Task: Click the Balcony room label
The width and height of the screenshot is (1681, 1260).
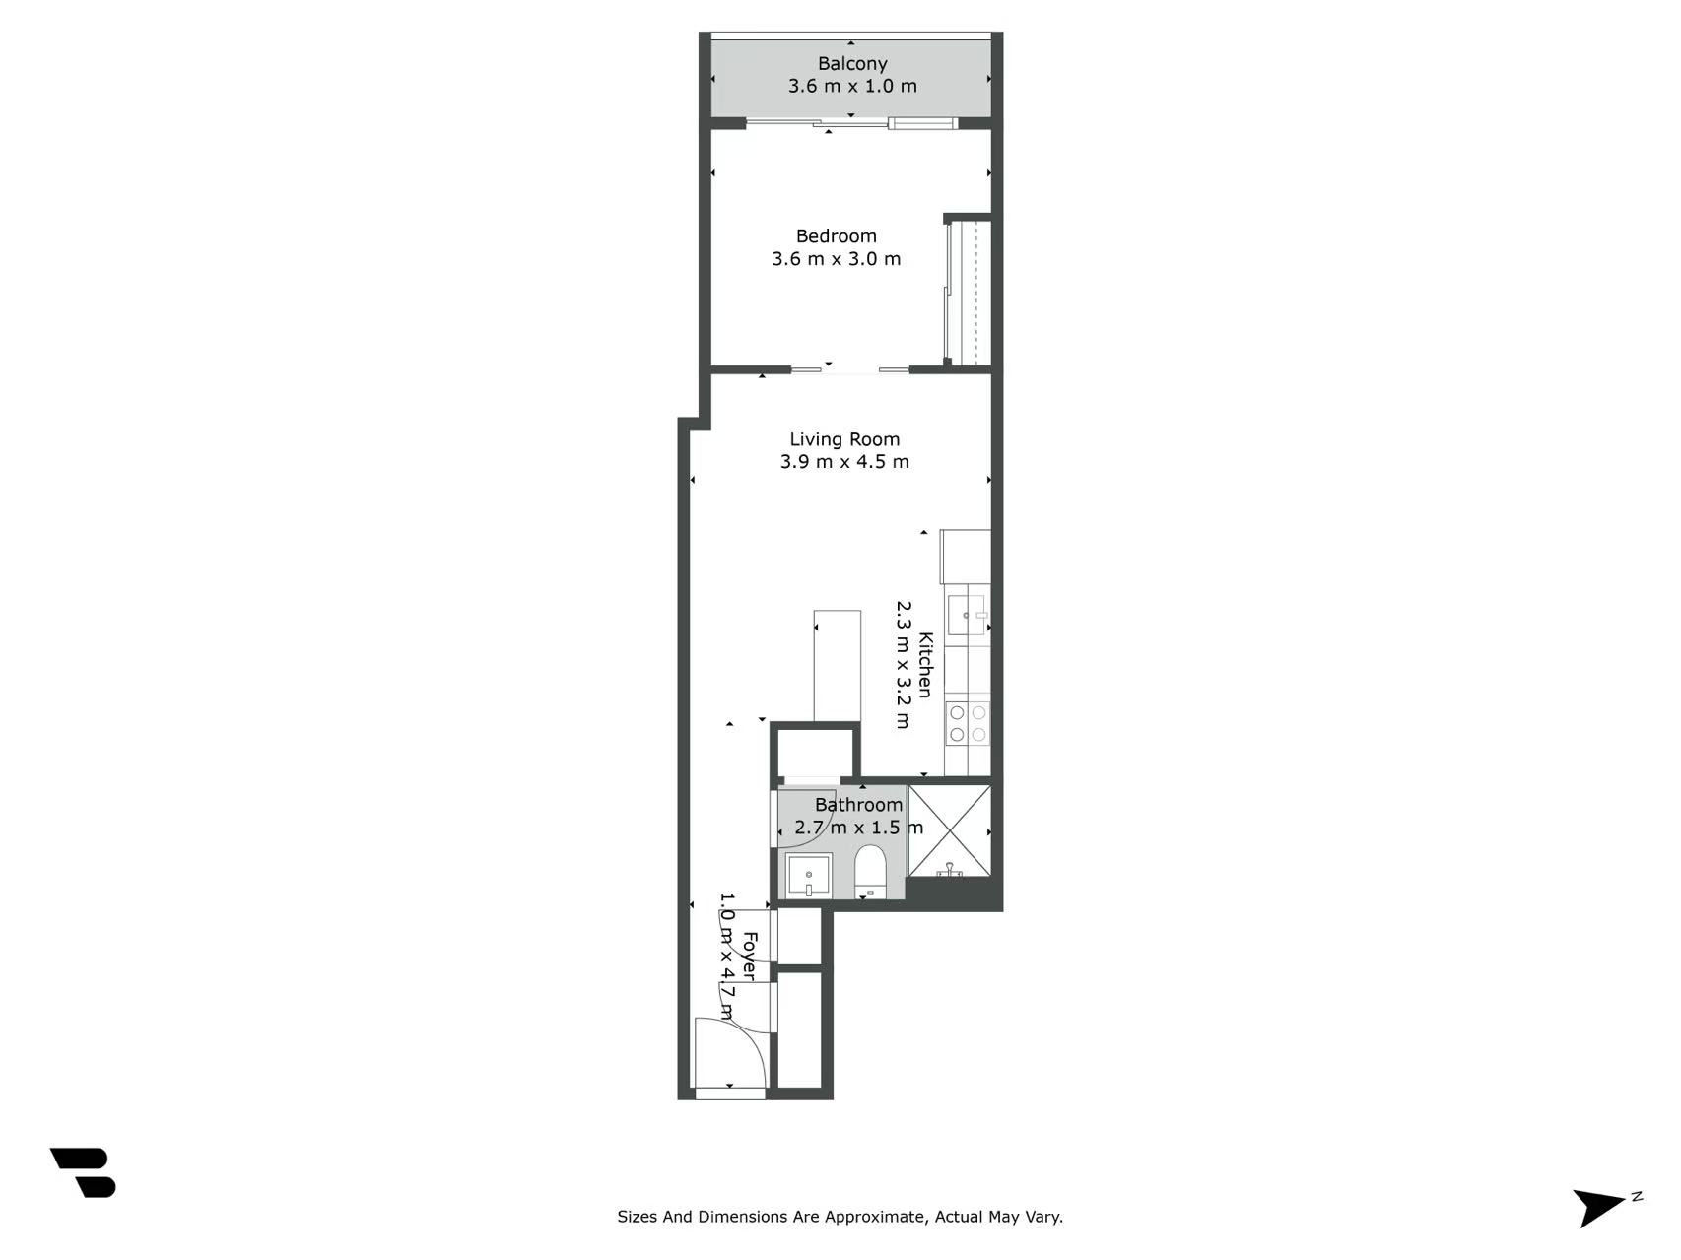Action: [x=852, y=64]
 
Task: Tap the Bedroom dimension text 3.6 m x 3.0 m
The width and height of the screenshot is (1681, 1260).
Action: [x=836, y=259]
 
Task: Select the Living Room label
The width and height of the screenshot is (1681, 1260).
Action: [x=844, y=439]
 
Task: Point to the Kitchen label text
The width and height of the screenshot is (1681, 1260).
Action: [x=925, y=665]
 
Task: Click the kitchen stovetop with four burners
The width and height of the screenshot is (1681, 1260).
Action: [x=967, y=724]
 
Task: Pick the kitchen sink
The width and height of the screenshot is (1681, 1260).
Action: [x=967, y=615]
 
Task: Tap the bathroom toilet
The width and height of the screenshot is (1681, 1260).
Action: [x=870, y=872]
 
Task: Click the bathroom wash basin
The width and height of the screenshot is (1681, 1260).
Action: [x=809, y=876]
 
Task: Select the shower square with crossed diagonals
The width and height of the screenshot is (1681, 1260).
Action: [x=949, y=830]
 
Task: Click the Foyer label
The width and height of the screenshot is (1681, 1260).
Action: [x=750, y=957]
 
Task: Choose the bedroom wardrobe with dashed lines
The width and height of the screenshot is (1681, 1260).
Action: [x=968, y=294]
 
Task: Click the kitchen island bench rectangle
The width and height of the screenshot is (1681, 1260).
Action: [x=838, y=666]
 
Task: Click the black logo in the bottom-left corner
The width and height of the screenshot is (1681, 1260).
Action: [x=84, y=1172]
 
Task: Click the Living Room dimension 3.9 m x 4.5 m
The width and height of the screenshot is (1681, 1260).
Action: [x=844, y=462]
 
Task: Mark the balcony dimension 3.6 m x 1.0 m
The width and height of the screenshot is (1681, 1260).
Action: [x=852, y=86]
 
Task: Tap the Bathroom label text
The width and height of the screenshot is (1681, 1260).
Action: [x=858, y=805]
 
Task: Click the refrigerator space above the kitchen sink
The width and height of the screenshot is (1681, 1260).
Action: [x=966, y=557]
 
